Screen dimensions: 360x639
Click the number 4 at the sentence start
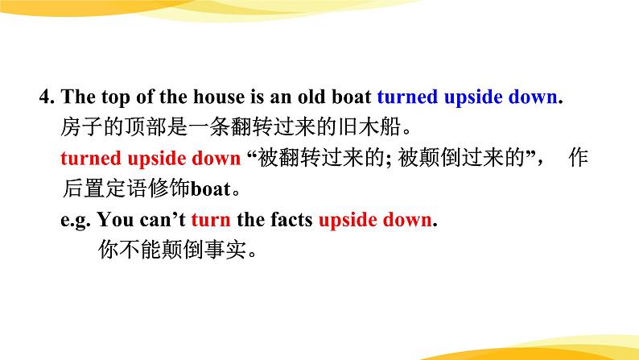[x=45, y=98]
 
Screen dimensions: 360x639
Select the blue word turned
[x=406, y=98]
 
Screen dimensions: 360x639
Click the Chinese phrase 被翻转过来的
[x=299, y=159]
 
